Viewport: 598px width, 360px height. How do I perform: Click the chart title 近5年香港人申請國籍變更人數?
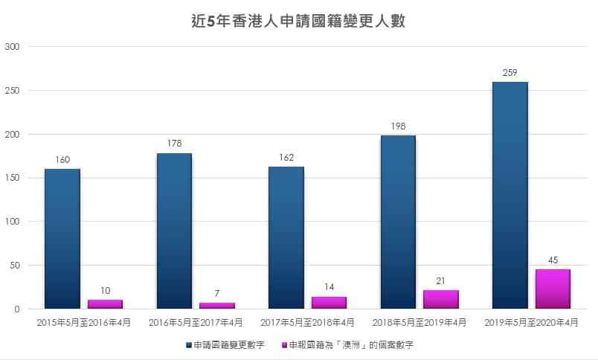[x=298, y=22]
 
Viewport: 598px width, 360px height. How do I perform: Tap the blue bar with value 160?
[x=62, y=238]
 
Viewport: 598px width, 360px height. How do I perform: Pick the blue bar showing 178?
[x=174, y=231]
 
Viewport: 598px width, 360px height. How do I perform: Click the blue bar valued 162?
[x=286, y=237]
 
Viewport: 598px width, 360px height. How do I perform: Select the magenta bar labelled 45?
[x=553, y=289]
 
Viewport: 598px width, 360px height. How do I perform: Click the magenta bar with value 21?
[x=440, y=299]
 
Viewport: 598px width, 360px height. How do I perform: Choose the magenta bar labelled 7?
[x=216, y=305]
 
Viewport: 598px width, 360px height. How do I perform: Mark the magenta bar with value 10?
[x=105, y=303]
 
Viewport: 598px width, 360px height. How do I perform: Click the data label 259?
[x=510, y=73]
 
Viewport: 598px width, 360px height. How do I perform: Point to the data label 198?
[x=398, y=126]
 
